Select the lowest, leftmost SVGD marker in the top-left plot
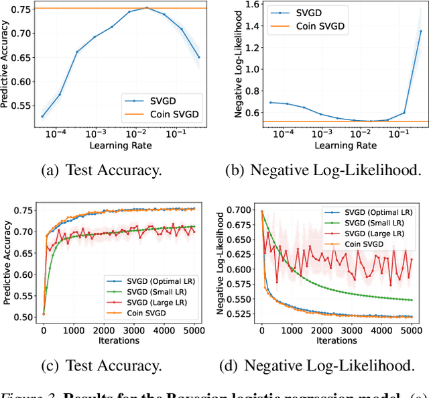point(42,116)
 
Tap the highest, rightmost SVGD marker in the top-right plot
point(420,31)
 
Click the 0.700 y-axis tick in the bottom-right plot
point(236,210)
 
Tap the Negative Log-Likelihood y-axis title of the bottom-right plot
point(220,265)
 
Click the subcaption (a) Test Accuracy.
point(103,170)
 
